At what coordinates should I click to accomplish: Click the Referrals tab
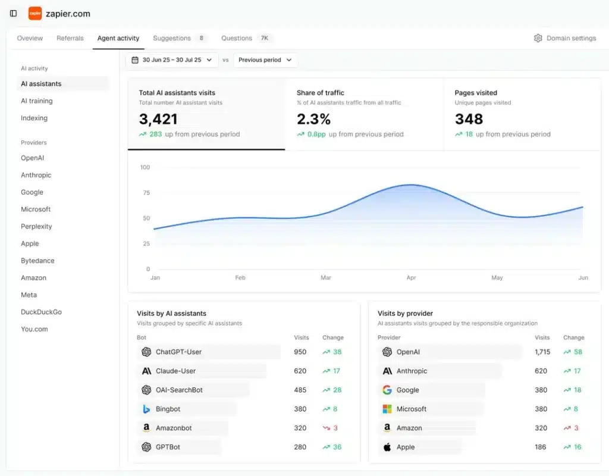[x=70, y=38]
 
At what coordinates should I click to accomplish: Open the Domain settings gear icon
[x=538, y=38]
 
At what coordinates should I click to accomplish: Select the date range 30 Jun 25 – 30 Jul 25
[x=172, y=60]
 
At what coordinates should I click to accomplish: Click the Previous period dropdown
[x=265, y=60]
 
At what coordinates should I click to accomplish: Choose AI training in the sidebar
[x=37, y=101]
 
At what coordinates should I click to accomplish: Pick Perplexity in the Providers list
[x=36, y=227]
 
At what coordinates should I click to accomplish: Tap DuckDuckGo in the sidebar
[x=41, y=312]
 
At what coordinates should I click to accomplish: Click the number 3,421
[x=158, y=119]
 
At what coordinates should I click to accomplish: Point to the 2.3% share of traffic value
[x=313, y=119]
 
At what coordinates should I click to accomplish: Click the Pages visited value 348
[x=469, y=119]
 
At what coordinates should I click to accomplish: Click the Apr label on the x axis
[x=411, y=278]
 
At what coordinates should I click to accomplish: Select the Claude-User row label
[x=175, y=371]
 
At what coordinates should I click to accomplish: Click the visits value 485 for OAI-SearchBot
[x=300, y=390]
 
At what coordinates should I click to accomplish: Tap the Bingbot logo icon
[x=146, y=409]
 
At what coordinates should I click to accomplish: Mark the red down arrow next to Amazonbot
[x=326, y=428]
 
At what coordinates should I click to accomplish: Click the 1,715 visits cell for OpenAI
[x=542, y=352]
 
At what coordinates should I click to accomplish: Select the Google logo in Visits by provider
[x=387, y=390]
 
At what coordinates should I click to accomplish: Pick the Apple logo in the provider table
[x=387, y=447]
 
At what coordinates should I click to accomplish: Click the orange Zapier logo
[x=35, y=13]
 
